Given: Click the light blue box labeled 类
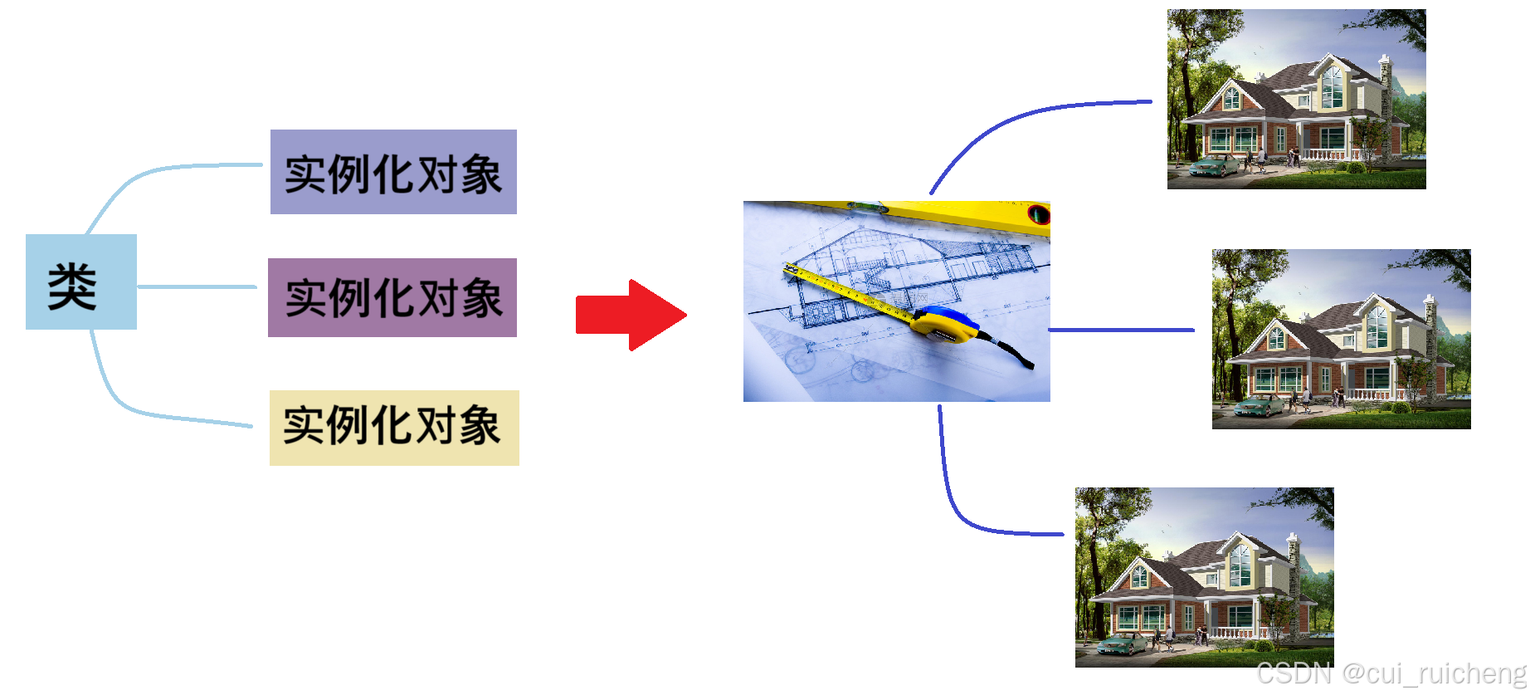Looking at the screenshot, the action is pyautogui.click(x=80, y=282).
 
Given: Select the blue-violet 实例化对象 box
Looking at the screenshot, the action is pyautogui.click(x=393, y=172).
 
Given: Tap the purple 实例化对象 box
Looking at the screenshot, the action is pyautogui.click(x=392, y=297).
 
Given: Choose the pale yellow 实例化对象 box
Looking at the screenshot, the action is pyautogui.click(x=394, y=428).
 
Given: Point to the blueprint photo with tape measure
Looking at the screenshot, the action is pyautogui.click(x=896, y=301).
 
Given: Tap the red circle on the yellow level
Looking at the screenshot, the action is pyautogui.click(x=1038, y=214).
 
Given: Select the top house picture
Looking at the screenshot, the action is pyautogui.click(x=1296, y=99).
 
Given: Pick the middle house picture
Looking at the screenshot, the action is pyautogui.click(x=1341, y=339).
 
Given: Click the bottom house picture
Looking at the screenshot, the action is pyautogui.click(x=1204, y=577).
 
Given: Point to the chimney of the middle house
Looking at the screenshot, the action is pyautogui.click(x=1430, y=320).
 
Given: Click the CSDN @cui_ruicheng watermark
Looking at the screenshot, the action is pyautogui.click(x=1391, y=673).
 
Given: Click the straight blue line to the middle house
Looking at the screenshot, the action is pyautogui.click(x=1121, y=330).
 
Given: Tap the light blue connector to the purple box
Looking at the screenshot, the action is pyautogui.click(x=197, y=286).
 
